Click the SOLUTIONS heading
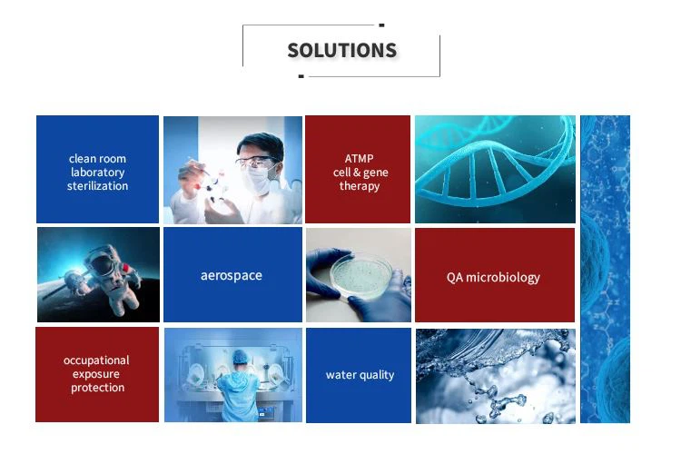(x=341, y=51)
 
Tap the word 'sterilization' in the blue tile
(x=98, y=186)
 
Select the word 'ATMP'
(x=360, y=159)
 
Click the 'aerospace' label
(x=232, y=275)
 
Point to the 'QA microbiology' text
(x=493, y=277)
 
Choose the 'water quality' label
(x=360, y=375)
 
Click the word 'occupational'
(x=96, y=360)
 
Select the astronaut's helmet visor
(x=103, y=265)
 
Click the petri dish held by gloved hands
(x=360, y=276)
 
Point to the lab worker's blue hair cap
(x=241, y=357)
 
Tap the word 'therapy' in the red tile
(x=360, y=186)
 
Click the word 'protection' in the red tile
(x=98, y=388)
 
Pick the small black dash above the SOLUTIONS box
(x=381, y=25)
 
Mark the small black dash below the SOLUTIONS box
(x=301, y=76)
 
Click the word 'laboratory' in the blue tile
(x=98, y=173)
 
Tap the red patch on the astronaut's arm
(x=126, y=268)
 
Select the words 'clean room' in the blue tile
(x=97, y=159)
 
